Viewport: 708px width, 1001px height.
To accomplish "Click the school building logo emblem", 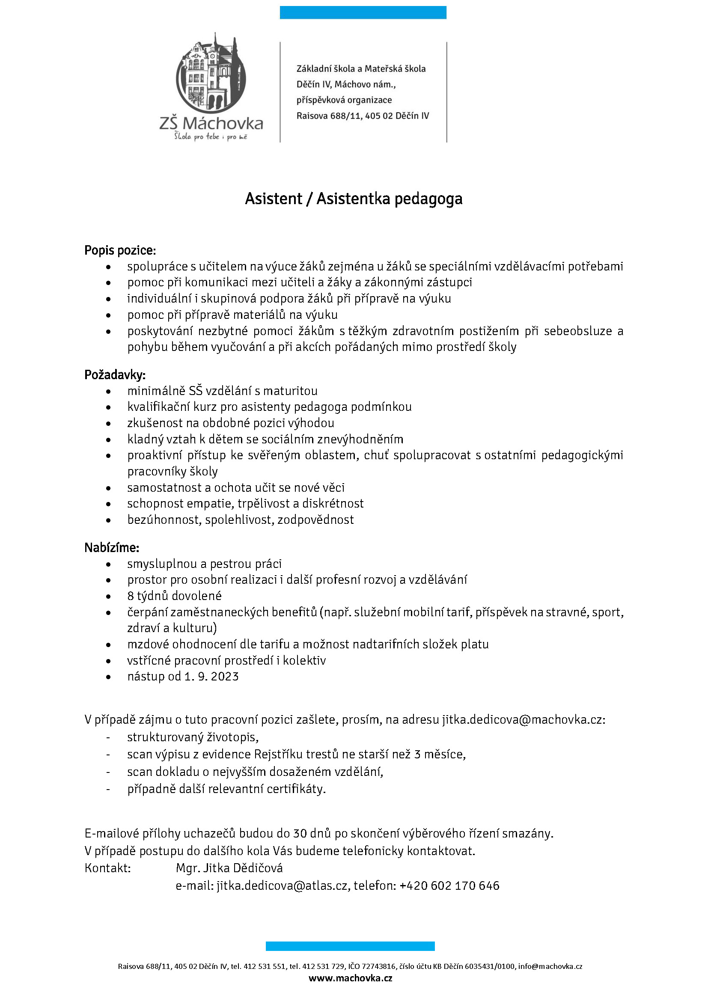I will click(211, 73).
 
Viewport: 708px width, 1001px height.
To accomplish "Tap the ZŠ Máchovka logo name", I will click(211, 124).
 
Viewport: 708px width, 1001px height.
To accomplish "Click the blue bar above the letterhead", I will click(363, 12).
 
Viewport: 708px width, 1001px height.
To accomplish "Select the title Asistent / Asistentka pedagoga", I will click(354, 199).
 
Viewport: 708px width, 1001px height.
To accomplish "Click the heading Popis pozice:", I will click(120, 250).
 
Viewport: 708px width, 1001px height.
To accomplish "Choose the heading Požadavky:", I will click(115, 374).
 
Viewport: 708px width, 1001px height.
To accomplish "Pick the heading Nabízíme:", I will click(112, 548).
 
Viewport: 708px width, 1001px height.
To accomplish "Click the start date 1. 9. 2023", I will click(211, 676).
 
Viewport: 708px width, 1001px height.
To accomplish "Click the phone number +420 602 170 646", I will click(449, 885).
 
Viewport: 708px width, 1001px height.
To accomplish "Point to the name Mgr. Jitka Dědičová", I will click(229, 868).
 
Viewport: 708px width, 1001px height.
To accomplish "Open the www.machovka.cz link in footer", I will click(351, 978).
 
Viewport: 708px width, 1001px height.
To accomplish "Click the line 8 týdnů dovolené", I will click(174, 596).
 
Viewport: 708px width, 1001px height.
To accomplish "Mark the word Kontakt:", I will click(108, 868).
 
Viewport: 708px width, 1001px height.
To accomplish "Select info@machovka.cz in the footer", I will click(550, 966).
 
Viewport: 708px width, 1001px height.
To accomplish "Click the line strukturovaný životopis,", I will click(193, 737).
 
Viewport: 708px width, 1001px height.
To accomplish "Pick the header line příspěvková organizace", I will click(344, 100).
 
